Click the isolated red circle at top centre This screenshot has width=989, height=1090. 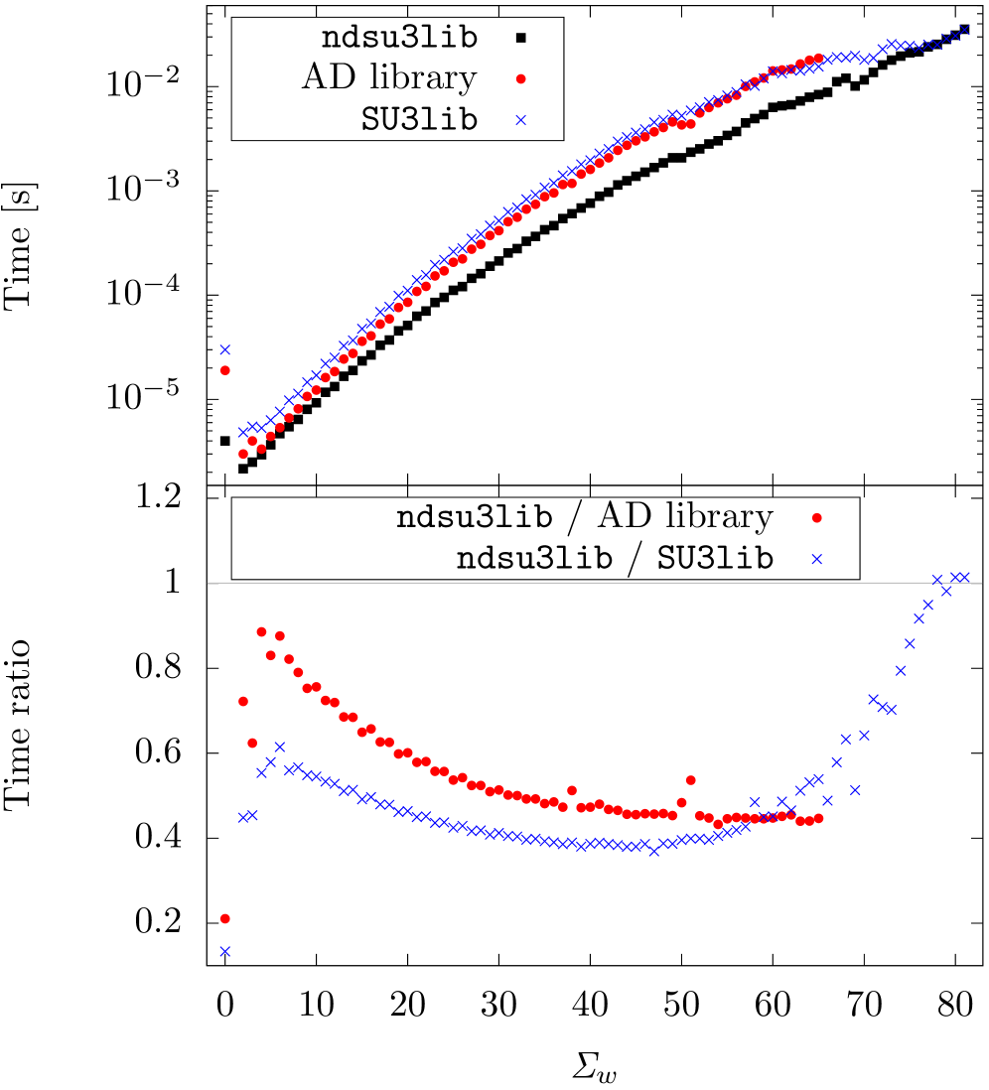click(520, 79)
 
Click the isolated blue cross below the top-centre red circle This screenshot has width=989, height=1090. click(520, 120)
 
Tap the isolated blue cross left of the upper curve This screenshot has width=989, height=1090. click(224, 349)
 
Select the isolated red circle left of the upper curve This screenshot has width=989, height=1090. click(224, 370)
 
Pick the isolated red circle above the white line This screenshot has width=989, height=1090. click(816, 518)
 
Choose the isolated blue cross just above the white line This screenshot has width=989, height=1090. click(816, 559)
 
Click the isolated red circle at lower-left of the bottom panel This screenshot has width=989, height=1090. click(224, 918)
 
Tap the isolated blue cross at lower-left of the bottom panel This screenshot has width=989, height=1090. click(224, 951)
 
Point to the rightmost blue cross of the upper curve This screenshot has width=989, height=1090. click(963, 31)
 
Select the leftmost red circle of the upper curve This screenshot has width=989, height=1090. click(242, 454)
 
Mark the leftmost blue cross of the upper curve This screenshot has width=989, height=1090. click(242, 432)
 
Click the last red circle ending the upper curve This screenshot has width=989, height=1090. click(818, 59)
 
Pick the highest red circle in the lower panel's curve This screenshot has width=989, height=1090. click(261, 631)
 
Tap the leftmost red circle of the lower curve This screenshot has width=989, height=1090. click(242, 701)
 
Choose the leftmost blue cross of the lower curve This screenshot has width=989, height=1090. click(242, 817)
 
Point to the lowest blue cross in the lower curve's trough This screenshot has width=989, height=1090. click(653, 851)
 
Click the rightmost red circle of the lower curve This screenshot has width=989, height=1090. click(818, 818)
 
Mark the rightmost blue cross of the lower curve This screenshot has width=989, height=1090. click(964, 577)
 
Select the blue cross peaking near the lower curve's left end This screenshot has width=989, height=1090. click(279, 747)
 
